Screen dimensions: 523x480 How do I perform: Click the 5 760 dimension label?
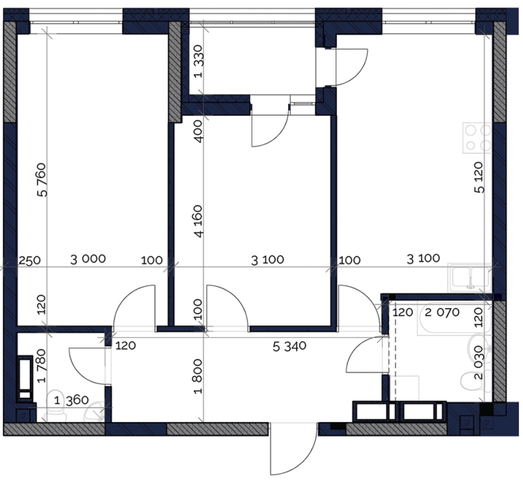tap(43, 179)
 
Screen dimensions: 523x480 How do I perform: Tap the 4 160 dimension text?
tap(198, 221)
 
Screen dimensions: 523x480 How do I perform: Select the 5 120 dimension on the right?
tap(479, 177)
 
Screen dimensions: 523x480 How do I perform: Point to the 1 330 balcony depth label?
tap(198, 61)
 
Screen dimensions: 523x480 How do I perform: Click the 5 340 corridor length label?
tap(289, 346)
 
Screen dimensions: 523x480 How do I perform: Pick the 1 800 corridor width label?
tap(198, 376)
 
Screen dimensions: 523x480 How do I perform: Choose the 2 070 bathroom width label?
tap(442, 313)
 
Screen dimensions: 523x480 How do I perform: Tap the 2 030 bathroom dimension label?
tap(479, 362)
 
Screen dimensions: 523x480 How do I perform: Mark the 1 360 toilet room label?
tap(71, 400)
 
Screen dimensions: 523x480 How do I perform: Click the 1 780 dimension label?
tap(41, 366)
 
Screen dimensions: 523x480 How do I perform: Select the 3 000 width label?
tap(88, 259)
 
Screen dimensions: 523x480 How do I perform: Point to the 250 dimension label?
tap(29, 260)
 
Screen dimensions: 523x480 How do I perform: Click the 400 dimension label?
tap(198, 131)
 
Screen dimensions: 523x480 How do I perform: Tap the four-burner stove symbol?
tap(477, 138)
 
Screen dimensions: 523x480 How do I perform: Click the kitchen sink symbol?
tap(470, 277)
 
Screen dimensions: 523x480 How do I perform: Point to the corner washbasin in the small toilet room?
tap(95, 411)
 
